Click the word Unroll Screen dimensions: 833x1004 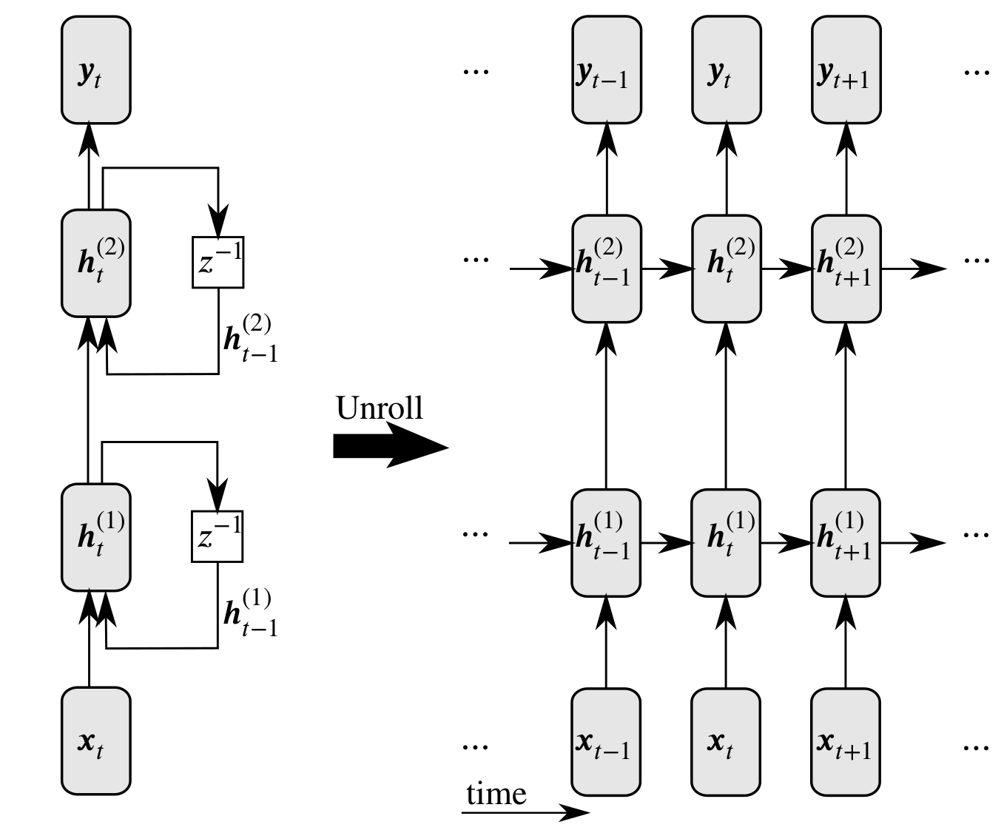coord(380,408)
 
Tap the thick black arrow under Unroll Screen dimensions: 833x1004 coord(390,447)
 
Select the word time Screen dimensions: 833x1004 coord(496,795)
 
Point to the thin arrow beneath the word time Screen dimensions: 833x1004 coord(525,812)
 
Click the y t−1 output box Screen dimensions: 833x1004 coord(607,70)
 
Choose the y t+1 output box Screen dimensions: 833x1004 coord(846,70)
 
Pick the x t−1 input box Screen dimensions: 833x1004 coord(606,741)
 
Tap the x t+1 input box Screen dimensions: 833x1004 coord(846,741)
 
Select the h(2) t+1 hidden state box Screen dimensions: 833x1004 coord(846,269)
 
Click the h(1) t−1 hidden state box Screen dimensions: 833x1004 coord(606,542)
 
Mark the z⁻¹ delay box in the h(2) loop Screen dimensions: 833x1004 coord(218,262)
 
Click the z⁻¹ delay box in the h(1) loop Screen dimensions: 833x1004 coord(217,536)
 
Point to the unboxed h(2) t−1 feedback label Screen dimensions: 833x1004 coord(250,338)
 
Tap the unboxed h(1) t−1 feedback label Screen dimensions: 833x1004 coord(250,613)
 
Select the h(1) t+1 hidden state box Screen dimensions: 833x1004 coord(846,542)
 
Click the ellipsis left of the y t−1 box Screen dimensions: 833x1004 coord(475,71)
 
